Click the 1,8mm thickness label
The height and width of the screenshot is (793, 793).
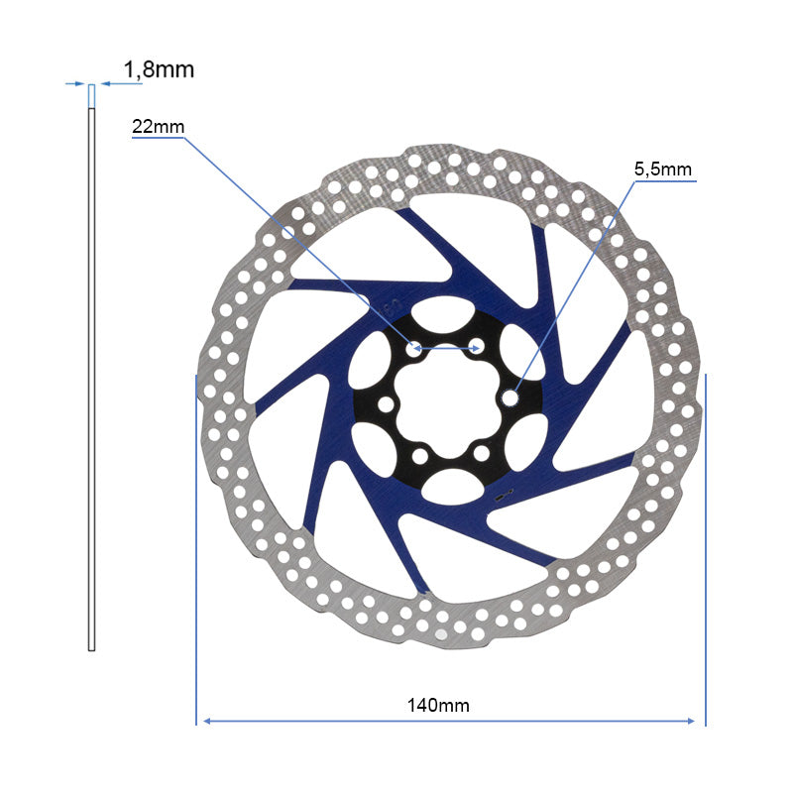(159, 69)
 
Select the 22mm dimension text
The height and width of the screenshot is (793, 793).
(159, 127)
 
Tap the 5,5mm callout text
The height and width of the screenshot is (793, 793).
(663, 170)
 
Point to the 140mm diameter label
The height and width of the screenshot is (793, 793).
(438, 705)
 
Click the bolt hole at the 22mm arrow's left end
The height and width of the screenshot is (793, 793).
(414, 348)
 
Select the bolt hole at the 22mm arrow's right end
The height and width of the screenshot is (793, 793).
(476, 347)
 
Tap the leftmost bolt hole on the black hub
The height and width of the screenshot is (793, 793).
(386, 404)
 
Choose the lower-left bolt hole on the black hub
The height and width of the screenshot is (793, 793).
(419, 456)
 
